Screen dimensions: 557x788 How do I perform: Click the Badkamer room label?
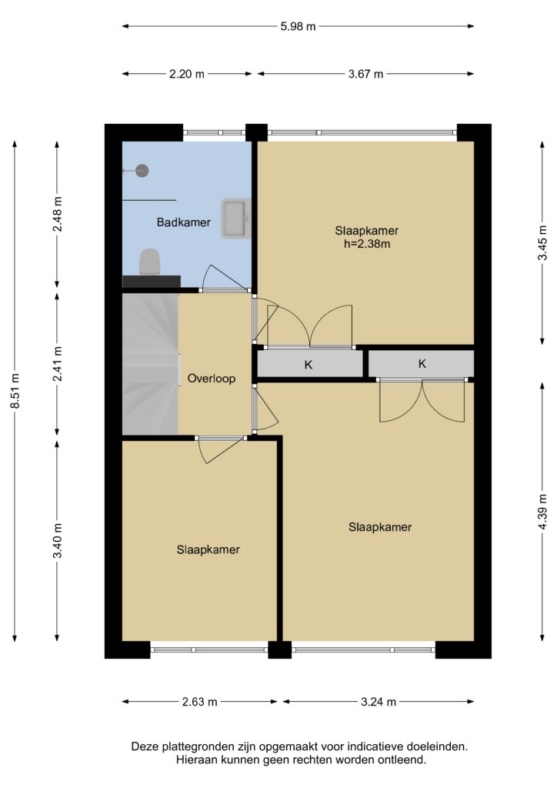pos(183,222)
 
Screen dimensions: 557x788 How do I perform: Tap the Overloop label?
pos(212,379)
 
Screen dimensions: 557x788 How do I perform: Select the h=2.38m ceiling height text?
pos(366,244)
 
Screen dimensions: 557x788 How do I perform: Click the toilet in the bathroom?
pos(150,262)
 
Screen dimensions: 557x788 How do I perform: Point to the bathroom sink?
pos(235,218)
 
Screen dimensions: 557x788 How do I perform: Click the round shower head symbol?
pos(143,170)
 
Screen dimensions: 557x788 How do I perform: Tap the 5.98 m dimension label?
pos(298,26)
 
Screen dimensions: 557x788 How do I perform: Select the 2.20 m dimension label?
pos(187,74)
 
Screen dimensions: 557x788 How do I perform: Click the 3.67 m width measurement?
pos(365,74)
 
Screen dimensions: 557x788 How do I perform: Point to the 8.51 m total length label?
pos(15,391)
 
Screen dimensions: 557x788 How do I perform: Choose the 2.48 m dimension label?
pos(57,214)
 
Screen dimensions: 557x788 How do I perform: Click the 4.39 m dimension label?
pos(542,511)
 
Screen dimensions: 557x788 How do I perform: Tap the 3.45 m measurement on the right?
pos(542,242)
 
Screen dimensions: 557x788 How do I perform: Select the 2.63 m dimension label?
pos(199,702)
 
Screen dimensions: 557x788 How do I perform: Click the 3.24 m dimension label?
pos(379,702)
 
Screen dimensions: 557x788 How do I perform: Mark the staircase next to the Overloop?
pos(150,364)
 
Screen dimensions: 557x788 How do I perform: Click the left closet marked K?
pos(309,364)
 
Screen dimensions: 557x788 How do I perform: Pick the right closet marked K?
pos(422,363)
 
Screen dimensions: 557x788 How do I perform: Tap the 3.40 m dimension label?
pos(57,540)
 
